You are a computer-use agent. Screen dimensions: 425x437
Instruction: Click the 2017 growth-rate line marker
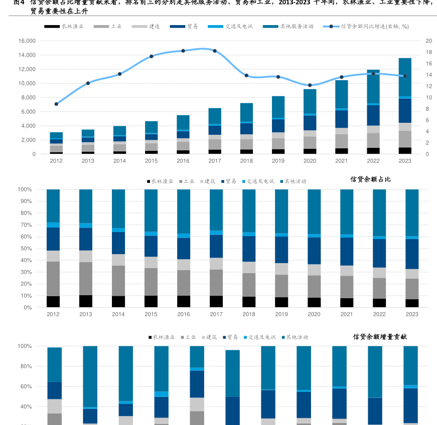tap(215, 51)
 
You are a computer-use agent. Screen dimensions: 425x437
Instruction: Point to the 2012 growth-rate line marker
tap(56, 104)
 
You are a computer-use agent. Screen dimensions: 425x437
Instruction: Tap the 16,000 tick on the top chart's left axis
tap(27, 41)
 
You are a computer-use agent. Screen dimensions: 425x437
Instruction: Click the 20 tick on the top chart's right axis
tap(428, 41)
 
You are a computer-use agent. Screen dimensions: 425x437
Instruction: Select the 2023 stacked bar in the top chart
tap(405, 105)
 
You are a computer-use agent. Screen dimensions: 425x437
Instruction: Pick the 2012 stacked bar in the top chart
tap(56, 143)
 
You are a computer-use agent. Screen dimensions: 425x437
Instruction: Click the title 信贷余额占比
tap(370, 179)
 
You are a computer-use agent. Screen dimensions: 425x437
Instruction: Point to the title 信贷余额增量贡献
tap(380, 337)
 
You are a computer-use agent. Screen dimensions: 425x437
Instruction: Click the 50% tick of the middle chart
tap(25, 249)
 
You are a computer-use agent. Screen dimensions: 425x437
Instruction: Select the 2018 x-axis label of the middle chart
tap(248, 314)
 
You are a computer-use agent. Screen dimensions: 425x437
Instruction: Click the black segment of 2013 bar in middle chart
tap(86, 301)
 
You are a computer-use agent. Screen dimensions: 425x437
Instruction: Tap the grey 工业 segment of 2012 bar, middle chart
tap(53, 279)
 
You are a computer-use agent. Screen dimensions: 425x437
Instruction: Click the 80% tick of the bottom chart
tap(25, 366)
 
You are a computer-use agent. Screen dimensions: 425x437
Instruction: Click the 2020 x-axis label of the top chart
tap(310, 161)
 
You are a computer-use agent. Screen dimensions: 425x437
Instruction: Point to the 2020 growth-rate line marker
tap(310, 85)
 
